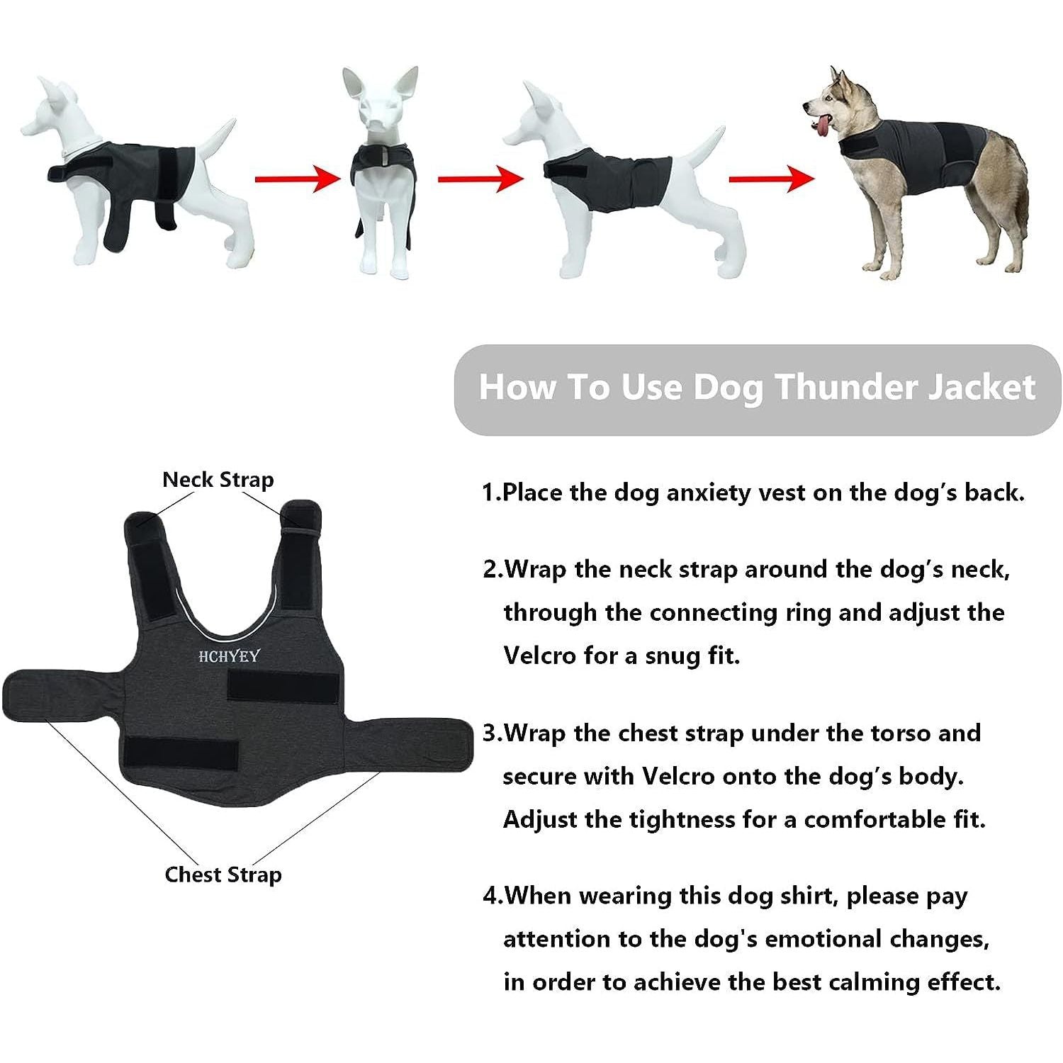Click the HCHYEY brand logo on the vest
(228, 656)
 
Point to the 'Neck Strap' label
(218, 480)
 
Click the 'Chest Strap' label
(223, 874)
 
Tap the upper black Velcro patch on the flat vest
(283, 686)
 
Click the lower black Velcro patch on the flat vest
(181, 754)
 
